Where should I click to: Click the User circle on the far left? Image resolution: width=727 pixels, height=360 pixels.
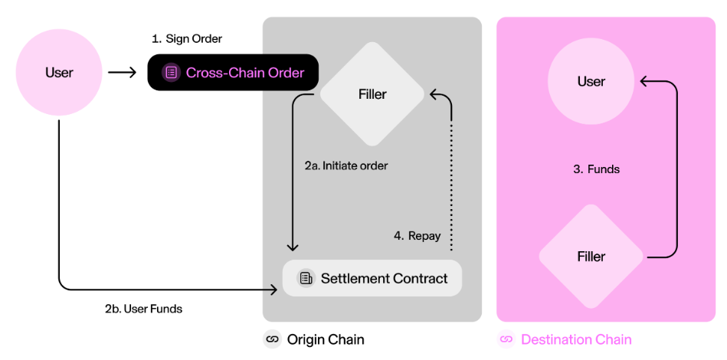coord(59,73)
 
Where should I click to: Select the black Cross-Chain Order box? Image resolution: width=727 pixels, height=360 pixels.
coord(233,73)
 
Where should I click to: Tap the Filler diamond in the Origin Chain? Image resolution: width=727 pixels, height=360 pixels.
coord(372,94)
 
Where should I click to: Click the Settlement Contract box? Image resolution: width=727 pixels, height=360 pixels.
coord(372,278)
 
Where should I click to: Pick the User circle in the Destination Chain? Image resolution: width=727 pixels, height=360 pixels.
coord(591,81)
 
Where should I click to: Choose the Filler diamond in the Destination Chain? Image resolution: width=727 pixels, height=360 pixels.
coord(591,257)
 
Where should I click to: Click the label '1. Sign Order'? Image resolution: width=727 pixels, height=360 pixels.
coord(188,38)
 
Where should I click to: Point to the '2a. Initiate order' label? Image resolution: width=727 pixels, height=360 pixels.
coord(346,165)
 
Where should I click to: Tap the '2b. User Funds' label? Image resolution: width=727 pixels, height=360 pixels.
coord(143,309)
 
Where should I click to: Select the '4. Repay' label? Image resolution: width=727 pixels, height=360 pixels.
coord(417,236)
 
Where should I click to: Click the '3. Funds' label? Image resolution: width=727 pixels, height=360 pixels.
coord(596,169)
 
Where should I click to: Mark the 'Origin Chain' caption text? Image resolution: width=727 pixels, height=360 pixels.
coord(326,339)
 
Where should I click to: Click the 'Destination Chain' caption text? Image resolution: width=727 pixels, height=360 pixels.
coord(576,339)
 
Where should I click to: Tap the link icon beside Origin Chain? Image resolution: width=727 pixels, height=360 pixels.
coord(272,339)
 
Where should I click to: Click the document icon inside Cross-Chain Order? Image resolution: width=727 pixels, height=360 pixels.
coord(171,73)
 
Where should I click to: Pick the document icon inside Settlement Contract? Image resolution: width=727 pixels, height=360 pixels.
coord(306,278)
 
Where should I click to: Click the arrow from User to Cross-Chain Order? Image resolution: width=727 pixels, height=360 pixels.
coord(122,73)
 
